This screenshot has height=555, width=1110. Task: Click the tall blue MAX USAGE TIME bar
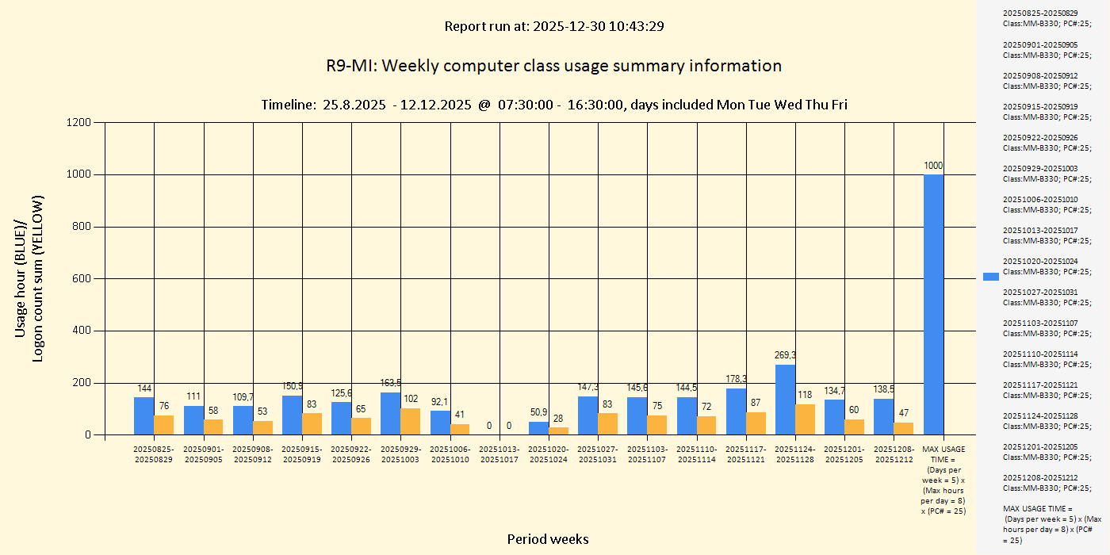click(x=933, y=304)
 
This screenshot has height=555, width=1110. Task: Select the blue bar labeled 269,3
click(x=785, y=400)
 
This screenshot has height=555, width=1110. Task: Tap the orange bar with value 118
click(x=805, y=419)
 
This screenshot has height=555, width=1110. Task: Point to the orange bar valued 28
click(x=559, y=431)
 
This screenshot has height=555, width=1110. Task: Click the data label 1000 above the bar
click(x=933, y=166)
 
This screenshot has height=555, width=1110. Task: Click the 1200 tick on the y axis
click(x=78, y=122)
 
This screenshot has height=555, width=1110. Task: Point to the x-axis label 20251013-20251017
click(x=499, y=454)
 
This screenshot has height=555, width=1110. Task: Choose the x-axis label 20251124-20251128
click(x=794, y=454)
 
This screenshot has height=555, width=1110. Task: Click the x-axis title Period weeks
click(x=548, y=539)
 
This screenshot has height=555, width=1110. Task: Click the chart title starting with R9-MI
click(x=554, y=66)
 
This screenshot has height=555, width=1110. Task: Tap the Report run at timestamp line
click(x=554, y=26)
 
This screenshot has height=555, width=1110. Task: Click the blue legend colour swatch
click(x=991, y=276)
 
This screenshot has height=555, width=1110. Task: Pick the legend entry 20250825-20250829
click(x=1040, y=18)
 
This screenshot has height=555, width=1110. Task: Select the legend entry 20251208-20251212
click(x=1040, y=483)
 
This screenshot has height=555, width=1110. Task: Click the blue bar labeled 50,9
click(x=538, y=428)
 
